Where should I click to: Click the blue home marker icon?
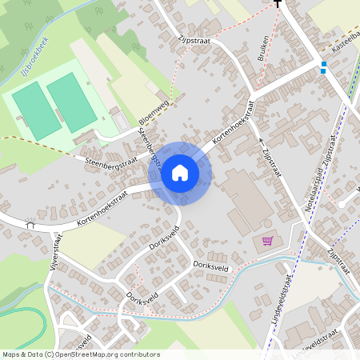click(180, 173)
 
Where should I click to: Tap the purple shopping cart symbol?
click(267, 240)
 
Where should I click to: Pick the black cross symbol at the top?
click(278, 4)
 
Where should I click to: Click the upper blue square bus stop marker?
click(324, 63)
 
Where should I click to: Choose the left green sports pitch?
click(35, 110)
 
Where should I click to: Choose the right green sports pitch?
click(72, 100)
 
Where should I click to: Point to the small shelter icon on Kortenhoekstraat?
click(31, 225)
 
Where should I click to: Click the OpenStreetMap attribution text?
click(81, 354)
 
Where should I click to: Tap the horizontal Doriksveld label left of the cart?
click(211, 265)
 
